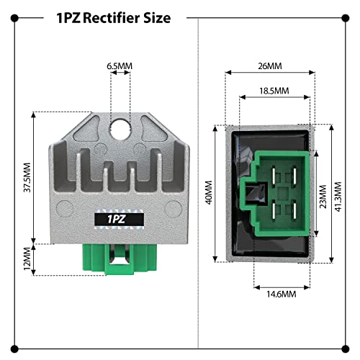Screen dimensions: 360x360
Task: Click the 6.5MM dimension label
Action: point(120,66)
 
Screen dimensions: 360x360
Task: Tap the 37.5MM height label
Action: point(27,177)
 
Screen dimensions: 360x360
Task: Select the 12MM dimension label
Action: point(27,258)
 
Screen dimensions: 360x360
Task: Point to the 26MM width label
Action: point(270,66)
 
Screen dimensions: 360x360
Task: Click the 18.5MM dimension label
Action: point(274,91)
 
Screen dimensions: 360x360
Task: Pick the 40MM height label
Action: point(209,192)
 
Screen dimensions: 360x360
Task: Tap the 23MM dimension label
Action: point(323,197)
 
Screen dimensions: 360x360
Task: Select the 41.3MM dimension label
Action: point(338,197)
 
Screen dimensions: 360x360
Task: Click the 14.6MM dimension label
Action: point(282,294)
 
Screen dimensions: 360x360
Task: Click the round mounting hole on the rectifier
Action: point(120,129)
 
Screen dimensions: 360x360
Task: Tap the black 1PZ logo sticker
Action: point(120,219)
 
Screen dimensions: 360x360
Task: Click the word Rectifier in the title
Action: point(111,18)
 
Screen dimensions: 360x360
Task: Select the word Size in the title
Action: point(157,18)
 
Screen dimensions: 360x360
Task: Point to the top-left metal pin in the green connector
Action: point(274,176)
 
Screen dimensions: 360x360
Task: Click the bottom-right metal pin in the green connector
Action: point(294,211)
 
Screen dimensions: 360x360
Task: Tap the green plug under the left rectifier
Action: point(120,259)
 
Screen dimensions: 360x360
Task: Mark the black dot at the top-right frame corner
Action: point(346,18)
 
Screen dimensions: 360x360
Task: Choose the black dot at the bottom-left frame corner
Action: point(14,349)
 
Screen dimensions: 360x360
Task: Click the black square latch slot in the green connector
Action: point(256,193)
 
